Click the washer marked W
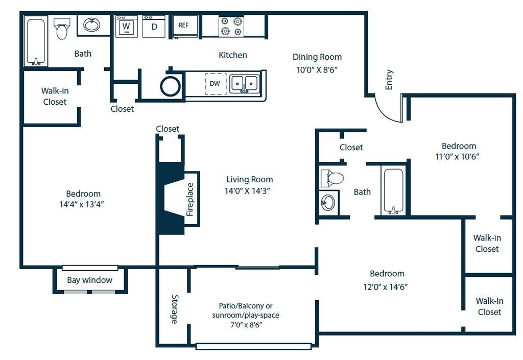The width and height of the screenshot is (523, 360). pos(127,27)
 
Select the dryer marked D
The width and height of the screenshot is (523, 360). pos(154,27)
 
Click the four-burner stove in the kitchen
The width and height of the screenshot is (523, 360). pos(231,27)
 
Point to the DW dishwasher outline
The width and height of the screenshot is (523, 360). pos(216,84)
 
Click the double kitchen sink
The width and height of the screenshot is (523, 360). pos(245,84)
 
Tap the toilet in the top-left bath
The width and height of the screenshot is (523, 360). pos(62,28)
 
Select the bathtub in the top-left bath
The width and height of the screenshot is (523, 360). pos(36,42)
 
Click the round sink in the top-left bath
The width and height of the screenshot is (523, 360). pos(92,25)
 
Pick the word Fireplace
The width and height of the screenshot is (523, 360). pos(190,199)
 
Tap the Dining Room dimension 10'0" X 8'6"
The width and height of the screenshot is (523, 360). pos(317,70)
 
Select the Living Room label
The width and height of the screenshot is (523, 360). pos(249,179)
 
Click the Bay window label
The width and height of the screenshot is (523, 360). pos(89,280)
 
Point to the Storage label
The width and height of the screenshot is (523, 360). pos(175,309)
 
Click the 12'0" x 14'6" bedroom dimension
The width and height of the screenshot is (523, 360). pos(386,286)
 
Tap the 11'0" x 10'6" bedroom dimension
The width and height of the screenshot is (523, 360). pos(457,156)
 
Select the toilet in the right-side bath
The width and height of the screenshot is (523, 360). pos(332,178)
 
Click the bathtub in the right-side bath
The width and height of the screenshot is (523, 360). pos(394,191)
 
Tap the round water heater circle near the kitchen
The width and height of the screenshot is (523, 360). pos(171,86)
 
